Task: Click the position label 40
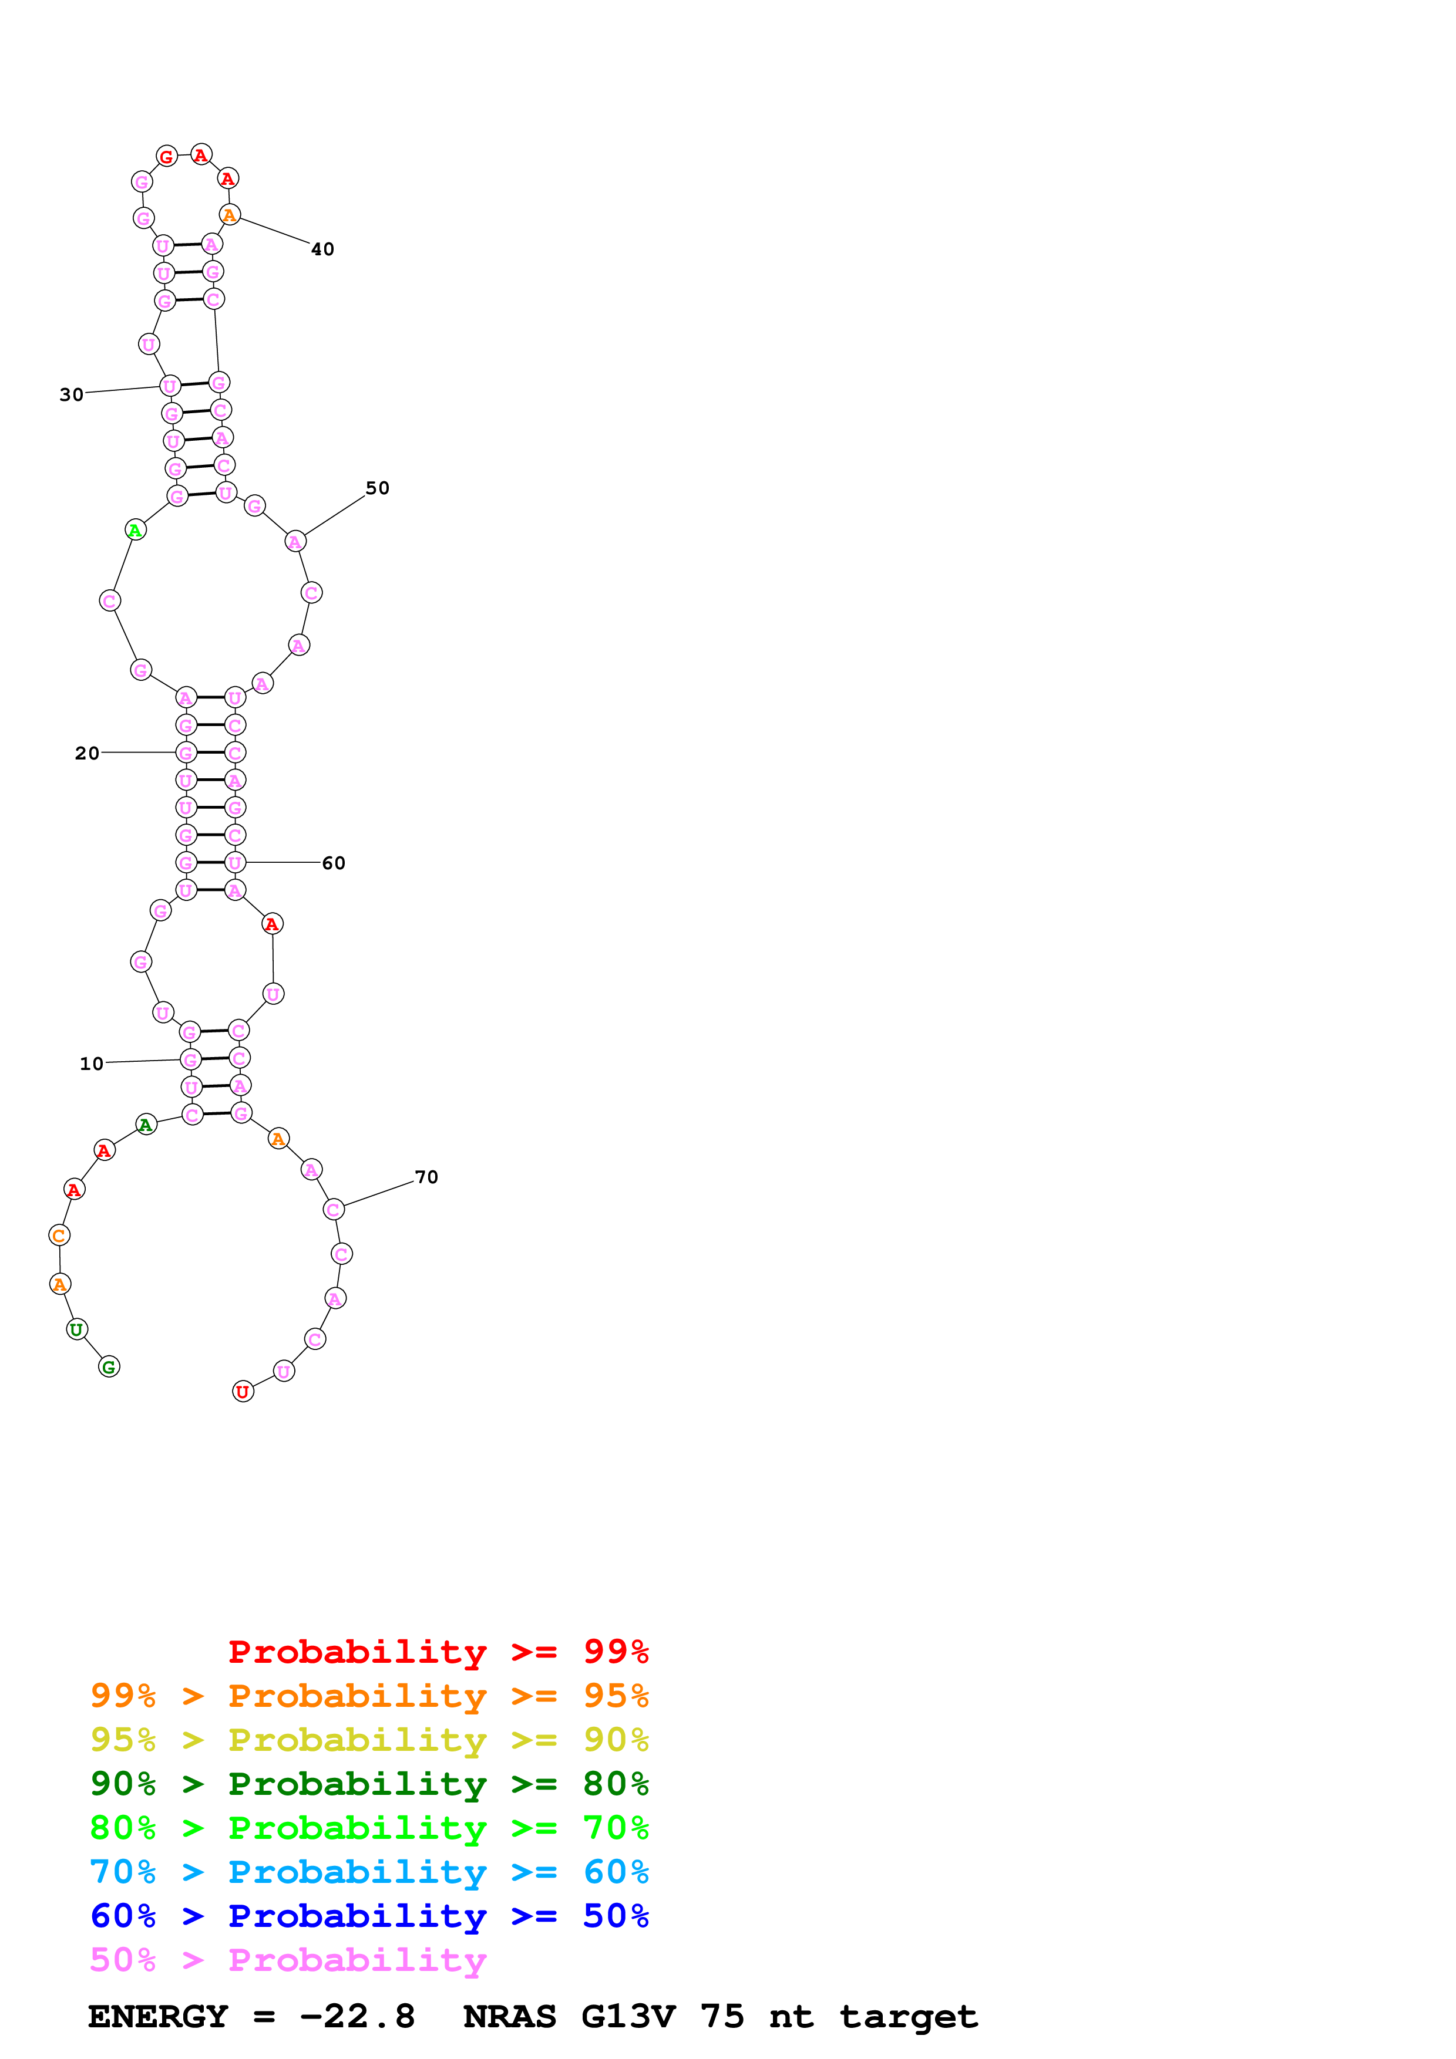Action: tap(322, 249)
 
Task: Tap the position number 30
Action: tap(72, 394)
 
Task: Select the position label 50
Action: tap(377, 488)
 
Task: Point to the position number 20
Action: tap(87, 753)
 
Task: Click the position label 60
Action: tap(334, 863)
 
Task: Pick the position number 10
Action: tap(92, 1064)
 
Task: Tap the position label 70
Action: tap(426, 1177)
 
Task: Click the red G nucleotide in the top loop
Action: tap(167, 157)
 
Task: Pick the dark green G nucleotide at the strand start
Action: tap(109, 1366)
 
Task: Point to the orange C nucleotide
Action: tap(59, 1235)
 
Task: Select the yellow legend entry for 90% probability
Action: tap(369, 1740)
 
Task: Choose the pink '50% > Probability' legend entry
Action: tap(288, 1960)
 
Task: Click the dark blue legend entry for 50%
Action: tap(369, 1916)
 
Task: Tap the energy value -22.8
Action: tap(357, 2017)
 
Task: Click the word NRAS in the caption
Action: tap(509, 2017)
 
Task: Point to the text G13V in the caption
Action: tap(627, 2017)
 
